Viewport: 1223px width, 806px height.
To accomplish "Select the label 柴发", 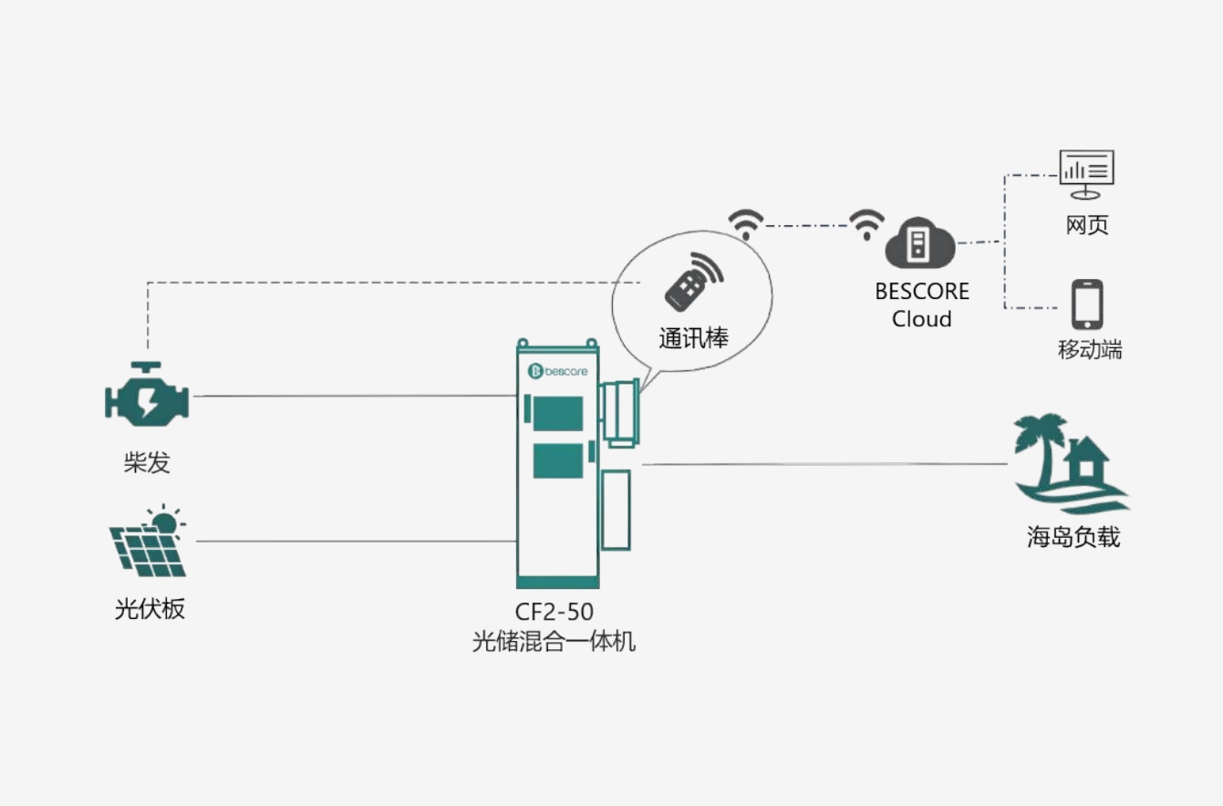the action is (147, 463).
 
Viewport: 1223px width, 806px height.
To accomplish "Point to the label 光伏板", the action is (150, 608).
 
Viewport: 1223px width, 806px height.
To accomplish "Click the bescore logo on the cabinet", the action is (557, 371).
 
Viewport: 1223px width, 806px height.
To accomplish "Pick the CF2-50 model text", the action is (554, 612).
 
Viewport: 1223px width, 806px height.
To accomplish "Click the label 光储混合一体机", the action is (554, 641).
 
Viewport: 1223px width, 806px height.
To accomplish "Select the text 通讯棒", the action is (693, 337).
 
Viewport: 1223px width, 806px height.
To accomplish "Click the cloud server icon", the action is (920, 243).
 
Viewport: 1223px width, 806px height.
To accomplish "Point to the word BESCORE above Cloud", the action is (922, 292).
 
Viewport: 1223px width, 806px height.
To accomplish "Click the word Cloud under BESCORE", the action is (922, 319).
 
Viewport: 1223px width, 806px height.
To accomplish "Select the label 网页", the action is (1087, 225).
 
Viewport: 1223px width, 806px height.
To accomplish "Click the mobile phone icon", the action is (1087, 305).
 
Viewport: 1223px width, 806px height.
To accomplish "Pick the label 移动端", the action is (1090, 349).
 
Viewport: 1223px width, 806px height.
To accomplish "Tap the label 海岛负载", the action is (1073, 537).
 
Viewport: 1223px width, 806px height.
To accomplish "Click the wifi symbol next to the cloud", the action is (866, 224).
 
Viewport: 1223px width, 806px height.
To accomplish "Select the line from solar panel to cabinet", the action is (356, 542).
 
